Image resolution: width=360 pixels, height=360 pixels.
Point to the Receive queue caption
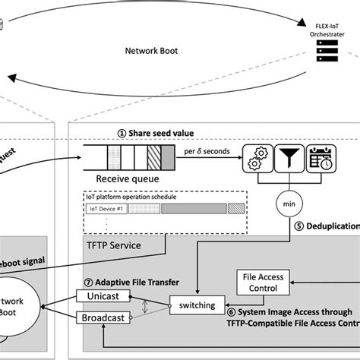coord(127,179)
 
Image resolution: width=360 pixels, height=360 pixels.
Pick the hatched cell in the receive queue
coord(154,159)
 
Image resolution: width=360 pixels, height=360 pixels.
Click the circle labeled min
coord(289,204)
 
